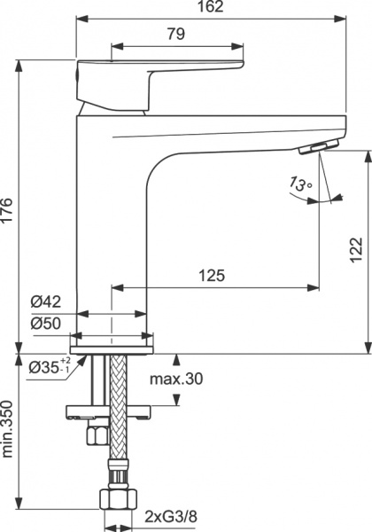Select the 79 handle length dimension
174,35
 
